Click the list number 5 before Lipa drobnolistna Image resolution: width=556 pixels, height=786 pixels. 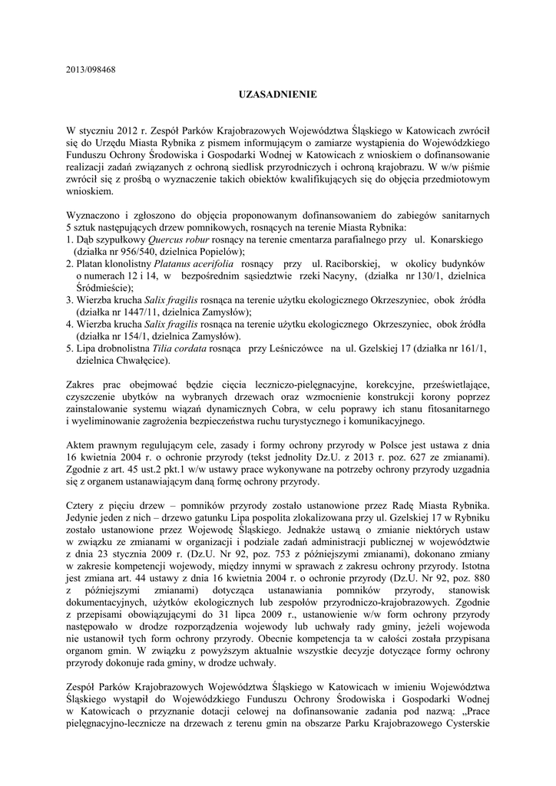(69, 348)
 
